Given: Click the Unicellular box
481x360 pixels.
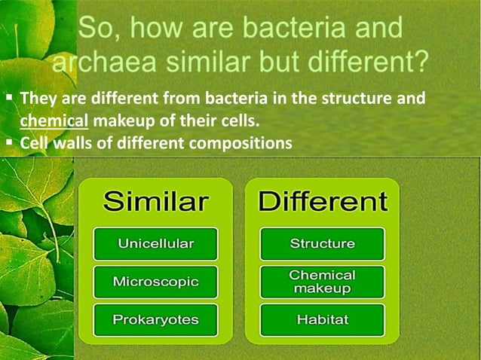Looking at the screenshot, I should click(x=155, y=244).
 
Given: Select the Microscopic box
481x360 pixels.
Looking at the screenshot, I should click(x=155, y=282).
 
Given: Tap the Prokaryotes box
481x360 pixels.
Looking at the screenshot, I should click(x=155, y=320).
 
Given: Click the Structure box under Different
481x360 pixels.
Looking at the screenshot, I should click(x=322, y=244).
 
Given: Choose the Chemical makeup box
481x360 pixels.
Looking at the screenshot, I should click(x=322, y=282).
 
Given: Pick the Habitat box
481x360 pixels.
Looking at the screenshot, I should click(x=322, y=320).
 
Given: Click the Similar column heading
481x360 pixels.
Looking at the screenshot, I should click(x=155, y=202).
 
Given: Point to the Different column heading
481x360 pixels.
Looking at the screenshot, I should click(x=323, y=202).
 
